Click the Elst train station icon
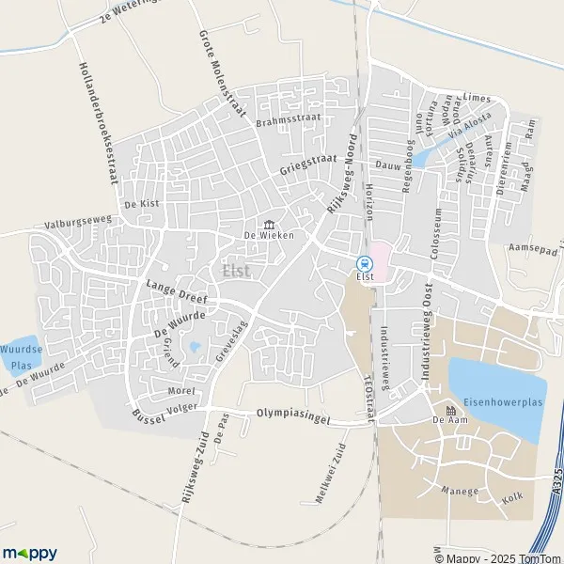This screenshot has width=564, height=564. pos(365,264)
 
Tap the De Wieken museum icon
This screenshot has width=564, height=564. pos(270,225)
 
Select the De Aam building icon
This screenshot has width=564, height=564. pos(450,411)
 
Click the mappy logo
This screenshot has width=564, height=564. pos(30,552)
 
